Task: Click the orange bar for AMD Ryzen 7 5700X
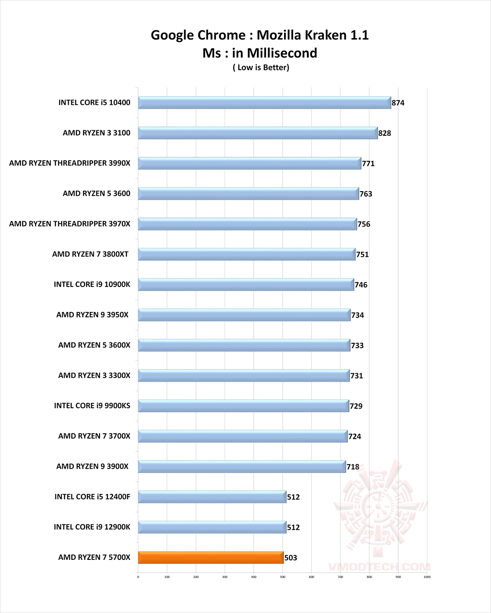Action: (x=210, y=558)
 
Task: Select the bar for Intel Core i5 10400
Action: (x=264, y=103)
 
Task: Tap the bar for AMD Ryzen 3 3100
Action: (x=258, y=133)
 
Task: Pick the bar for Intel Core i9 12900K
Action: (x=212, y=527)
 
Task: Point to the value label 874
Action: (x=398, y=103)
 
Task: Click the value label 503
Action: (x=291, y=558)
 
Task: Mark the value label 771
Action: (x=368, y=163)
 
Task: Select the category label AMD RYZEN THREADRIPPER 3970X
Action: (x=70, y=224)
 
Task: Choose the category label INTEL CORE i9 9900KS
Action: (x=92, y=406)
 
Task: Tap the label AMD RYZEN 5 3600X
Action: (x=94, y=345)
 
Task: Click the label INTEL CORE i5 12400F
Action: (x=92, y=497)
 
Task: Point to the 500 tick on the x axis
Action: (x=282, y=577)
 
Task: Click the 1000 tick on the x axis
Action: (x=427, y=577)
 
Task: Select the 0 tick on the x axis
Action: (x=138, y=577)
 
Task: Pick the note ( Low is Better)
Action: (x=261, y=68)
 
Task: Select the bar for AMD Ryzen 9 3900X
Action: (x=242, y=466)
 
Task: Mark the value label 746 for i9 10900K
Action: (x=361, y=285)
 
